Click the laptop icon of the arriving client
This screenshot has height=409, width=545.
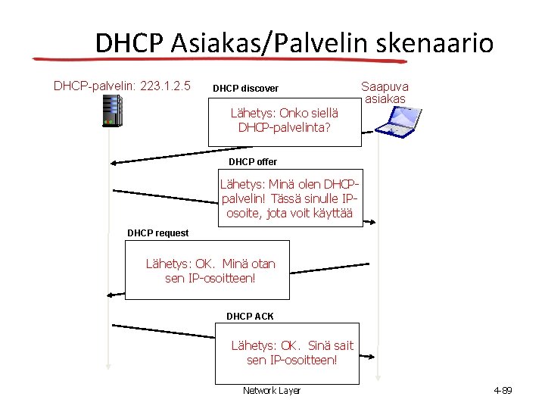point(398,120)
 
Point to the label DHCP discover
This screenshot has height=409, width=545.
point(245,89)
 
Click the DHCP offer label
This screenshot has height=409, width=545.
point(253,162)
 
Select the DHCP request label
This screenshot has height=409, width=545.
point(157,233)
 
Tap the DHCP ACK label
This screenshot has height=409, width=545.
point(250,316)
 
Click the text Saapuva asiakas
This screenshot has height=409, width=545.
point(385,92)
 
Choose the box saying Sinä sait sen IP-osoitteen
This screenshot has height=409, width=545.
point(292,353)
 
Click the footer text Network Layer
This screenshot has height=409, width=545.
point(271,391)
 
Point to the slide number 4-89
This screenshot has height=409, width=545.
point(503,391)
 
